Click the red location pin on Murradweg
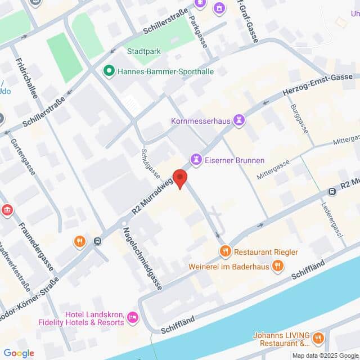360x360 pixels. click(179, 178)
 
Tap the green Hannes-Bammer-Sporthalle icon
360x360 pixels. click(108, 71)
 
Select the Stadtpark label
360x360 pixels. click(144, 51)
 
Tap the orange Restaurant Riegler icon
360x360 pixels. click(225, 251)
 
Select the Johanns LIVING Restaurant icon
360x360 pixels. click(318, 338)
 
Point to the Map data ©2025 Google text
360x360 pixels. click(325, 355)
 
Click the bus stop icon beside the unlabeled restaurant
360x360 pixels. click(98, 242)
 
